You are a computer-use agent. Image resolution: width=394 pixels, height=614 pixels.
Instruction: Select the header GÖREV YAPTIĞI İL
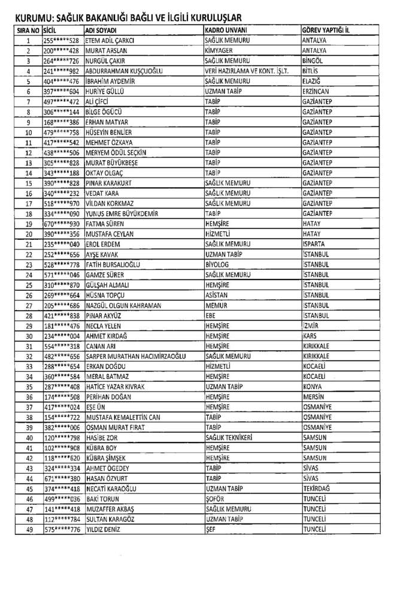coord(326,30)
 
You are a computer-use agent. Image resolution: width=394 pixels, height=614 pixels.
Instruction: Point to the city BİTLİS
coord(313,71)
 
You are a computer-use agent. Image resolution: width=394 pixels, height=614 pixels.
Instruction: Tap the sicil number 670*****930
coord(62,224)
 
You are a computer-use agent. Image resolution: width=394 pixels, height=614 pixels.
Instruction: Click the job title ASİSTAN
coord(216,295)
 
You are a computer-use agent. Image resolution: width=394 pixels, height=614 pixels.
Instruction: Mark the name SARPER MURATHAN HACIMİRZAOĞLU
coord(136,356)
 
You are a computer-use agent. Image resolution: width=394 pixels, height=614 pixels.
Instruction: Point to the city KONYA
coord(313,387)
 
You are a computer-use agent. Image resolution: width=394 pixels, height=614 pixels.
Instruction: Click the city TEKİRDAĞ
coord(317,489)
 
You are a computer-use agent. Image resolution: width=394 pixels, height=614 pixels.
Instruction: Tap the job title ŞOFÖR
coord(215,499)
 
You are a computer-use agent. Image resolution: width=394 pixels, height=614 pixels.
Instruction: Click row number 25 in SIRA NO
coord(28,285)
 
